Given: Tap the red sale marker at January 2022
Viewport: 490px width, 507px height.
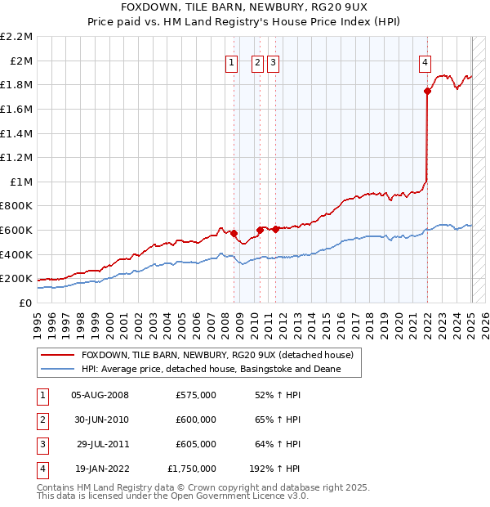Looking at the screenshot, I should click(427, 91).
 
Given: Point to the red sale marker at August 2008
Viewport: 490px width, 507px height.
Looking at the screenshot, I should click(234, 233).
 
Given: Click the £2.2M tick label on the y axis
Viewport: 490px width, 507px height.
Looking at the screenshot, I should click(16, 37).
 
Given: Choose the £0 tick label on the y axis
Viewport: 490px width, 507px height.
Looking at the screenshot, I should click(27, 303).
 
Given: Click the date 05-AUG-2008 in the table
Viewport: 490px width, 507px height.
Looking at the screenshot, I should click(100, 395).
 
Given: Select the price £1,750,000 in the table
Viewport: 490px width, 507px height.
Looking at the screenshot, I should click(192, 469).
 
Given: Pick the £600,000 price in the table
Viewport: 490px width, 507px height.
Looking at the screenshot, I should click(196, 420).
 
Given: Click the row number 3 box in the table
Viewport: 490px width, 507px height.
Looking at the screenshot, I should click(42, 444).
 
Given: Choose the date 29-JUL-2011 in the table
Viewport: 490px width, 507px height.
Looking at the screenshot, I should click(100, 444).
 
